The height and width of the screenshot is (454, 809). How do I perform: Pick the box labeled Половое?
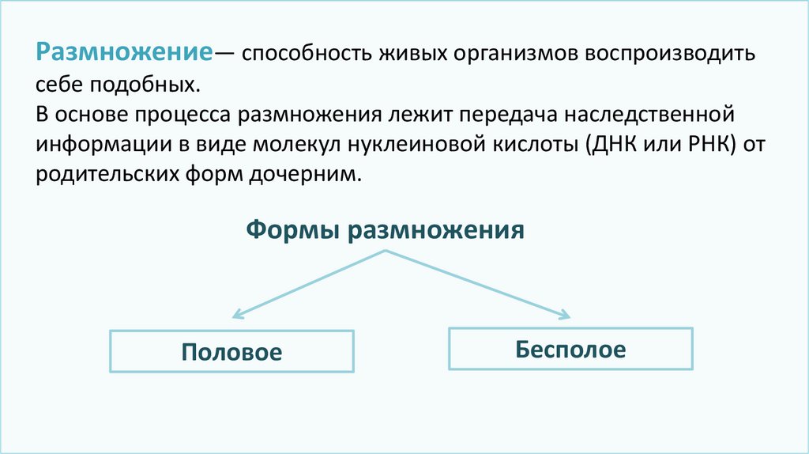(231, 350)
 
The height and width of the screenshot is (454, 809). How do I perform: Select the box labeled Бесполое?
(570, 349)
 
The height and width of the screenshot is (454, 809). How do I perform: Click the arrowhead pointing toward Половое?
(235, 316)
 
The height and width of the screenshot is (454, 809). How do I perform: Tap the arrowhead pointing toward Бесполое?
(564, 316)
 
